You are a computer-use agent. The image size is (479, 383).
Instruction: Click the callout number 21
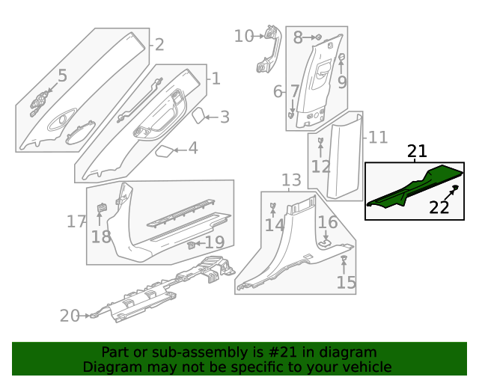tap(417, 152)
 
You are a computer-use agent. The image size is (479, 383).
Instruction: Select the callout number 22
tap(439, 208)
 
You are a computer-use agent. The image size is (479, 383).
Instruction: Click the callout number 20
tap(70, 316)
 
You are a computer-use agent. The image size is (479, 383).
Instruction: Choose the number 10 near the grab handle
tap(244, 36)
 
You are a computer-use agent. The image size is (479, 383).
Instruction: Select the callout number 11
tap(378, 138)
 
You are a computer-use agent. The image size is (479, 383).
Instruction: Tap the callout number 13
tap(291, 180)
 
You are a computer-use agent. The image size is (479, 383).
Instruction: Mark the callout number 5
tap(62, 76)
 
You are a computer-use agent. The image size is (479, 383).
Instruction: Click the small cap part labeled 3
tap(199, 115)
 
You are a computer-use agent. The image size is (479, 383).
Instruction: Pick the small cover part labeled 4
tap(164, 151)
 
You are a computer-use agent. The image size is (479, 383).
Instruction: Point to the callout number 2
tap(159, 44)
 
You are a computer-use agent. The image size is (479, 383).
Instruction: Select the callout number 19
tap(215, 242)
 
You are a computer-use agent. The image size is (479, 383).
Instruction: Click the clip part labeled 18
tap(103, 207)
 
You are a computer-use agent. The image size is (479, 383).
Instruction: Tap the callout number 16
tap(328, 222)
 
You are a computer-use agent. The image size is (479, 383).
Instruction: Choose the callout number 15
tap(346, 283)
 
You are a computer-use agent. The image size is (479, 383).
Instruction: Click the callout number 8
tap(298, 37)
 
